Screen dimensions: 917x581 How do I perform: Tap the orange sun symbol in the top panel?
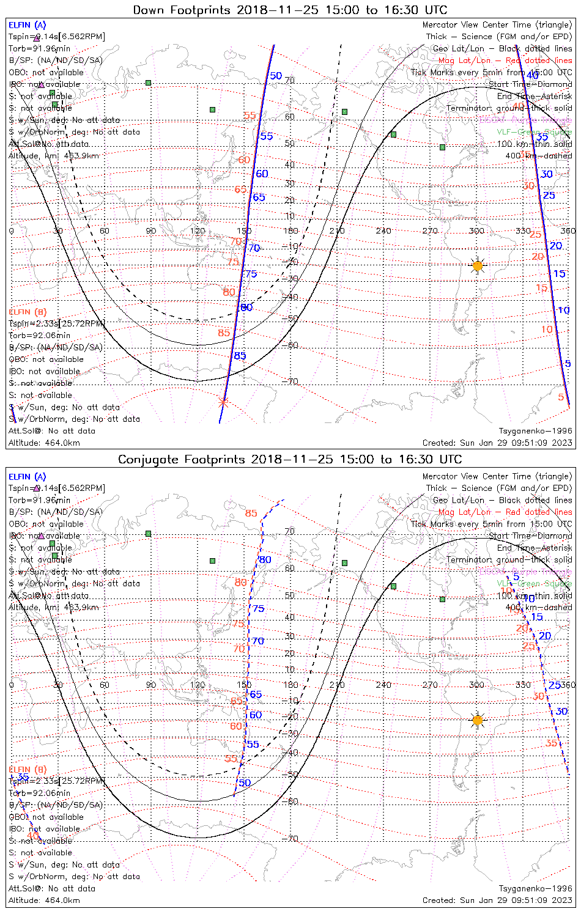click(x=478, y=266)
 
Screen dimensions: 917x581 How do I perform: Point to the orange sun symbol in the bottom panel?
click(x=478, y=720)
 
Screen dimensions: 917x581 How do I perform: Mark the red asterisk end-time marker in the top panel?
click(x=223, y=402)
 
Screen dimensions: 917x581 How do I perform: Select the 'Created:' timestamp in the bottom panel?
click(x=497, y=900)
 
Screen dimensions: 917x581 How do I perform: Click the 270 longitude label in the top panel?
click(x=430, y=230)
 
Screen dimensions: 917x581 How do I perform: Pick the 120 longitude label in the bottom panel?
click(x=198, y=685)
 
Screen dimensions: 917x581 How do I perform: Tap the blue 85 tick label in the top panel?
click(x=240, y=356)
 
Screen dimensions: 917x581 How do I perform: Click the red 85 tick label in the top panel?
click(x=224, y=333)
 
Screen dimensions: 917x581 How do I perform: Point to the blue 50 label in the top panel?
click(x=276, y=76)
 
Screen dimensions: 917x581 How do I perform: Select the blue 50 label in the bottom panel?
click(x=245, y=783)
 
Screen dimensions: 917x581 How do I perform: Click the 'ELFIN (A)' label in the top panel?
click(x=27, y=25)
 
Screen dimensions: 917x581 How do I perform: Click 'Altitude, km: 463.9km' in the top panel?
click(x=54, y=156)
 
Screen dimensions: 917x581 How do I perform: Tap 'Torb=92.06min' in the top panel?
click(x=39, y=335)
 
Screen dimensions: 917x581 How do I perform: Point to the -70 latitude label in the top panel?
click(x=292, y=381)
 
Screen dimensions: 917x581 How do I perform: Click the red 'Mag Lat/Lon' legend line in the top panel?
click(x=505, y=61)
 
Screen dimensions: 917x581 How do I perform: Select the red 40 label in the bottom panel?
click(x=32, y=835)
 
